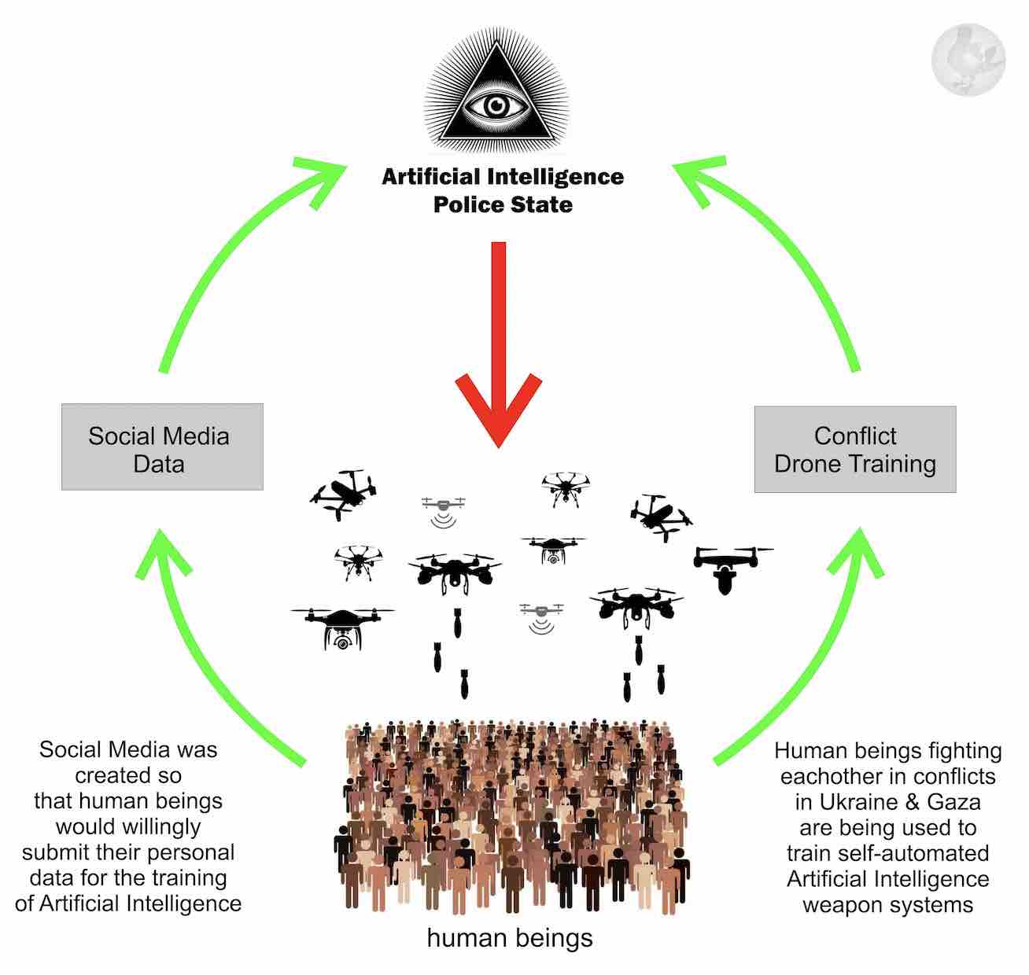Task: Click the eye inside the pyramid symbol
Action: tap(495, 105)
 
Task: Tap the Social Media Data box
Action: tap(162, 448)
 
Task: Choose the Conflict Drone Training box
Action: tap(855, 450)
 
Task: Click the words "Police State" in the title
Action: tap(503, 204)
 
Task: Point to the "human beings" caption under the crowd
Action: tap(510, 937)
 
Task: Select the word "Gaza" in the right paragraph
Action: tap(953, 802)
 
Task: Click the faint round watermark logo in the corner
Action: tap(968, 60)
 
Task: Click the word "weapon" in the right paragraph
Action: tap(843, 904)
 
